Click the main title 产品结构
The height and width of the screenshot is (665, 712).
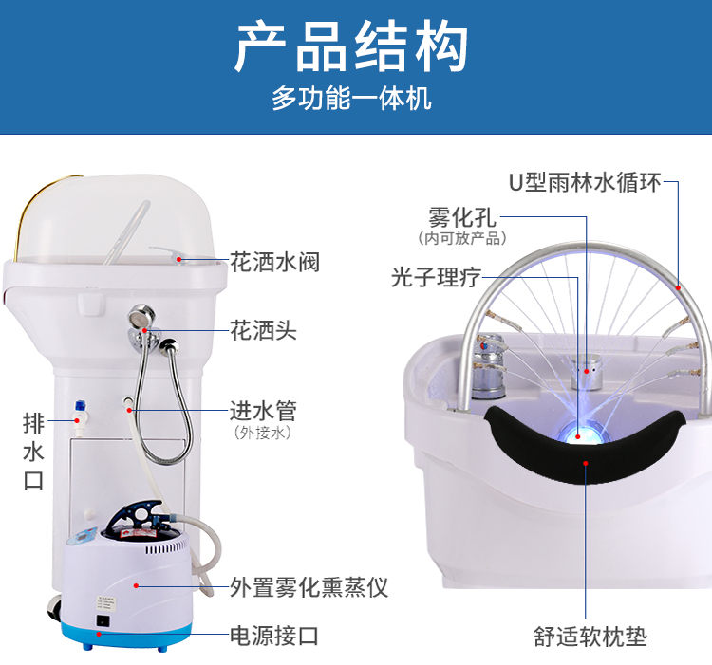tap(351, 46)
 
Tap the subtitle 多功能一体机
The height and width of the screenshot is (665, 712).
tap(351, 98)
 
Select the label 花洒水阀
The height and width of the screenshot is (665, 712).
tap(274, 262)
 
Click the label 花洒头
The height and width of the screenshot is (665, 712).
tap(263, 330)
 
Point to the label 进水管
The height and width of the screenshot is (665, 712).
tap(263, 411)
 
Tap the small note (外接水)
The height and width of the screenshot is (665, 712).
tap(263, 433)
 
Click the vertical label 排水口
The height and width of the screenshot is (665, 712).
tap(33, 451)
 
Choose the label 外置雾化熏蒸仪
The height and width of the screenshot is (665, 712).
tap(309, 587)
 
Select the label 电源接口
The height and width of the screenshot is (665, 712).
tap(274, 636)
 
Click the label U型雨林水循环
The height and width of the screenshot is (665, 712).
tap(585, 182)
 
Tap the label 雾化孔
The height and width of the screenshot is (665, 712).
tap(462, 218)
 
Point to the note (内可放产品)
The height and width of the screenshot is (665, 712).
tap(462, 238)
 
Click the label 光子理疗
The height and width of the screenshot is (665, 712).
tap(436, 277)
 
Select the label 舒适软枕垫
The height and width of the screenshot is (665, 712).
tap(590, 637)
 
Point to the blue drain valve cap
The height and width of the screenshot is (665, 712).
tap(81, 405)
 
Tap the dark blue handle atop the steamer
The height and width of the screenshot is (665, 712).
tap(136, 516)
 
